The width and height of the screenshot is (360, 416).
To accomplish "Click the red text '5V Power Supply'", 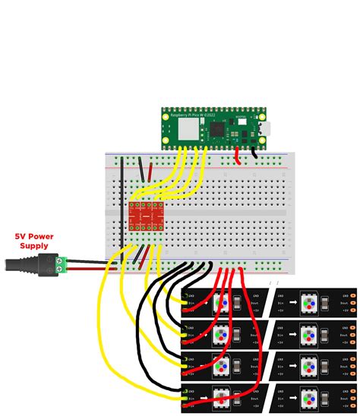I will pyautogui.click(x=34, y=241).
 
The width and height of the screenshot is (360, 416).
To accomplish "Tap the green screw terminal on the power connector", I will pyautogui.click(x=62, y=264).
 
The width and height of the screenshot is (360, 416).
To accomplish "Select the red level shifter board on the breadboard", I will pyautogui.click(x=146, y=216).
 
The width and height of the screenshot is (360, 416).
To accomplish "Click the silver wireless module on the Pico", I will pyautogui.click(x=188, y=129).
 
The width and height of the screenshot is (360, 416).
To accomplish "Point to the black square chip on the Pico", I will pyautogui.click(x=217, y=130).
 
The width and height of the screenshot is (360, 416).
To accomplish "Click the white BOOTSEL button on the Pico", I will pyautogui.click(x=242, y=121).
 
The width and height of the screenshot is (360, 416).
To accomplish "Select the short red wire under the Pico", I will pyautogui.click(x=238, y=156).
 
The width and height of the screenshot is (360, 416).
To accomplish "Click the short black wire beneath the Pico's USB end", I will pyautogui.click(x=254, y=153).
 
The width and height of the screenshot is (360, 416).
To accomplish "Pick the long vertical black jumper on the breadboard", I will pyautogui.click(x=122, y=201).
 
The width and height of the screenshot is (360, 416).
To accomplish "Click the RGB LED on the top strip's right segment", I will pyautogui.click(x=310, y=303).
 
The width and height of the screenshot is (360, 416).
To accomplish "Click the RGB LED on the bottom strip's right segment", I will pyautogui.click(x=310, y=398).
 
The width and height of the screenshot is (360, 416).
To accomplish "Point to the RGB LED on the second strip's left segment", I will pyautogui.click(x=221, y=335).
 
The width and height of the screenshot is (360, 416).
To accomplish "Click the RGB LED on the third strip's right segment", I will pyautogui.click(x=310, y=366).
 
